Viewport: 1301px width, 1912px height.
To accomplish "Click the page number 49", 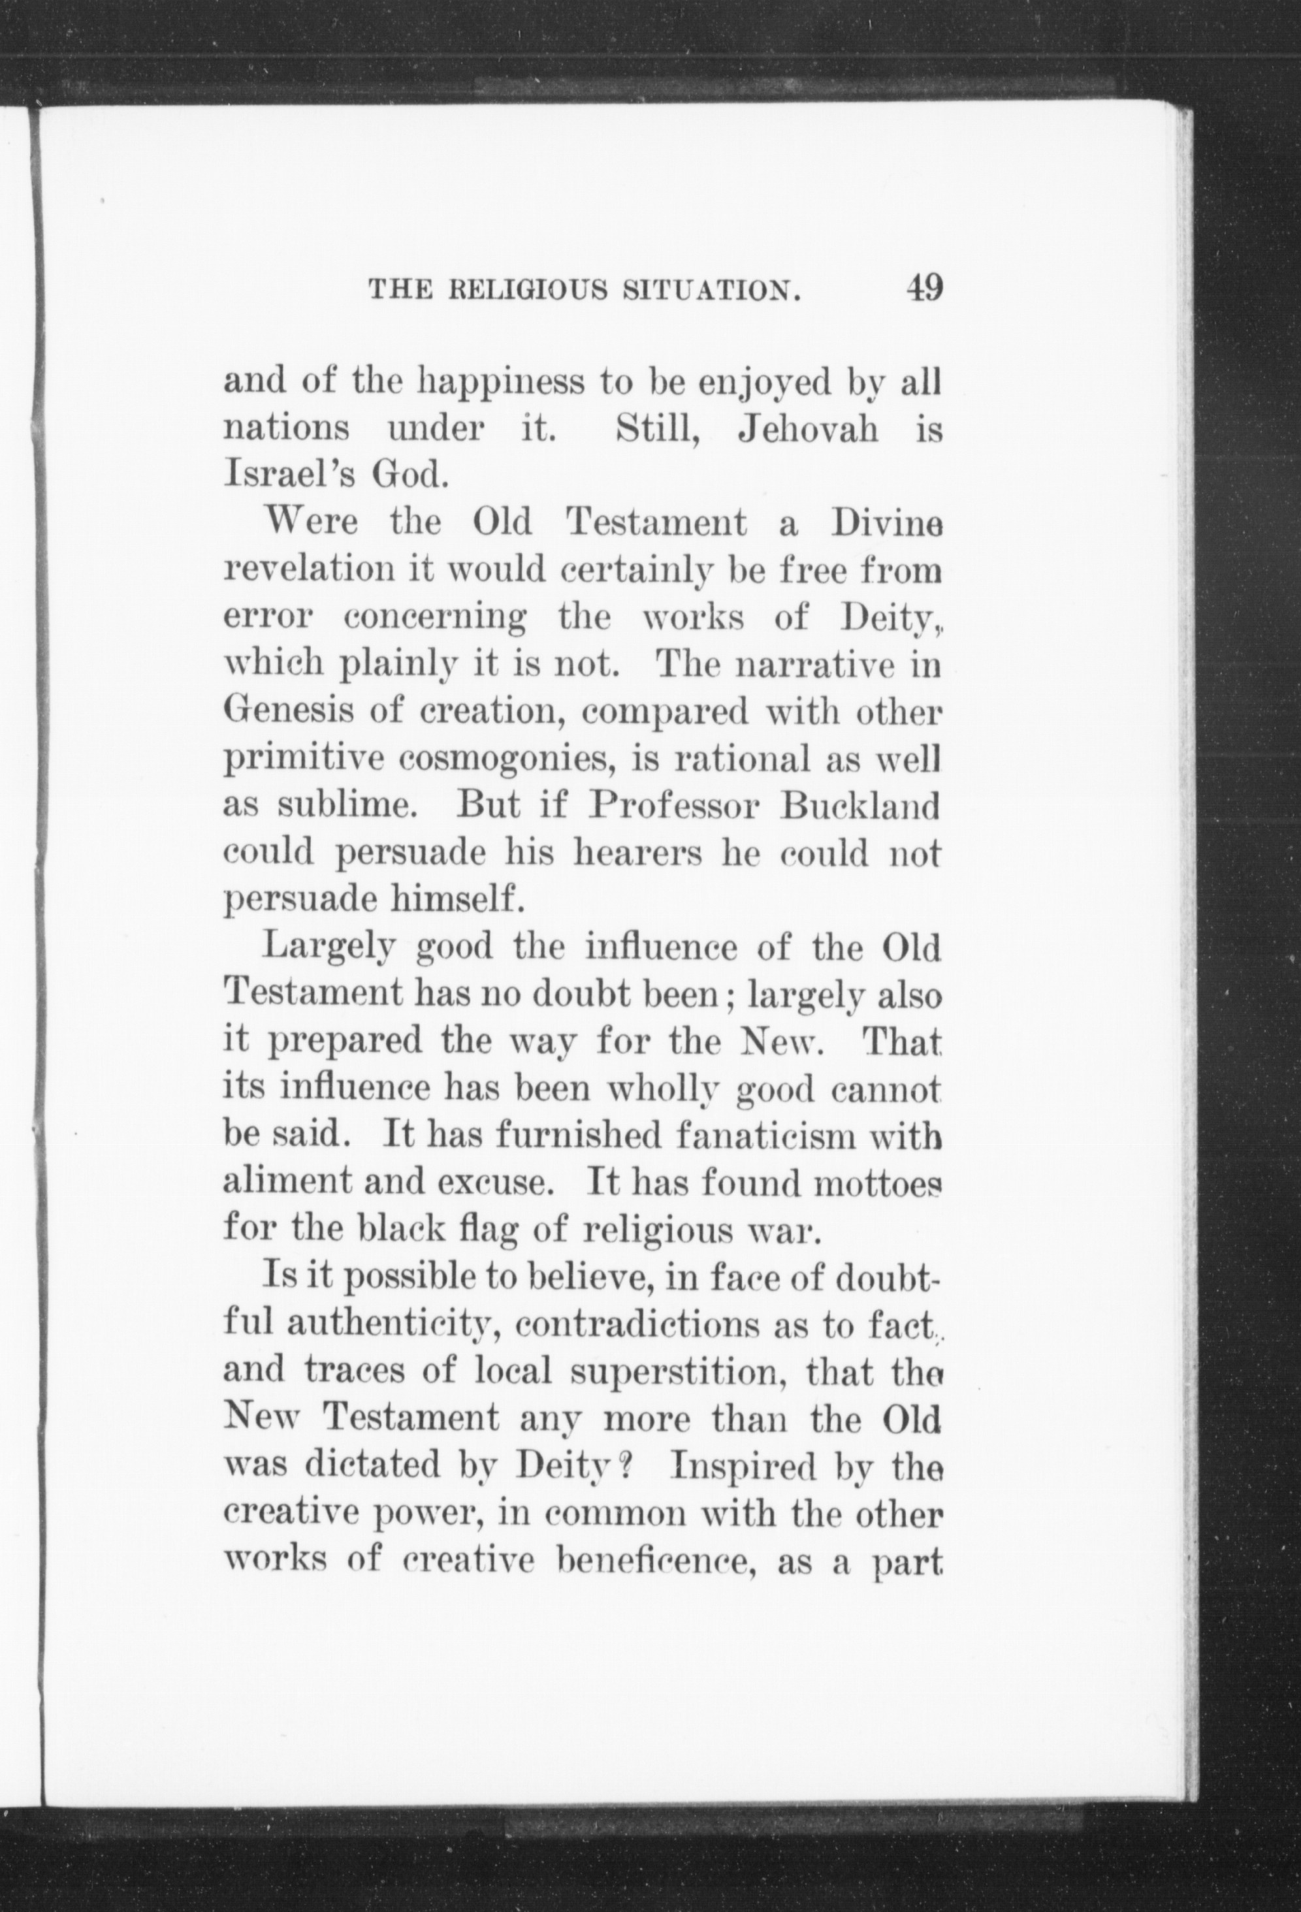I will [924, 289].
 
